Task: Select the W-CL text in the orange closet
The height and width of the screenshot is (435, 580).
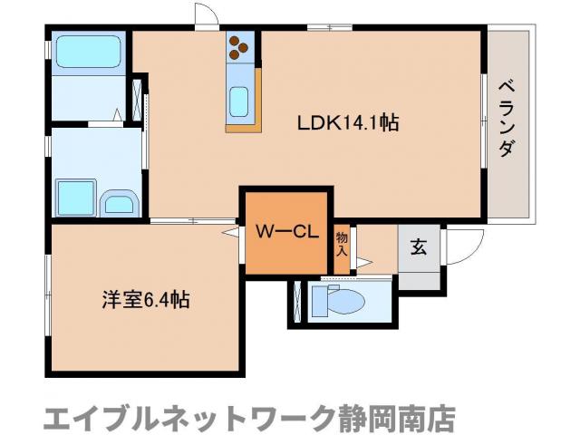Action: click(285, 231)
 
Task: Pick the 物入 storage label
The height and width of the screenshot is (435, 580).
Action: click(342, 243)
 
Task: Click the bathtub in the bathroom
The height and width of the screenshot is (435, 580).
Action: click(88, 53)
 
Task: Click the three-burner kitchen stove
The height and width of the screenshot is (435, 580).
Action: click(242, 46)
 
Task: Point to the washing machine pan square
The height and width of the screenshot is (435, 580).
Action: click(73, 196)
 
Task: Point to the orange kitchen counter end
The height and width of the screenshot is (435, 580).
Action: click(243, 126)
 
